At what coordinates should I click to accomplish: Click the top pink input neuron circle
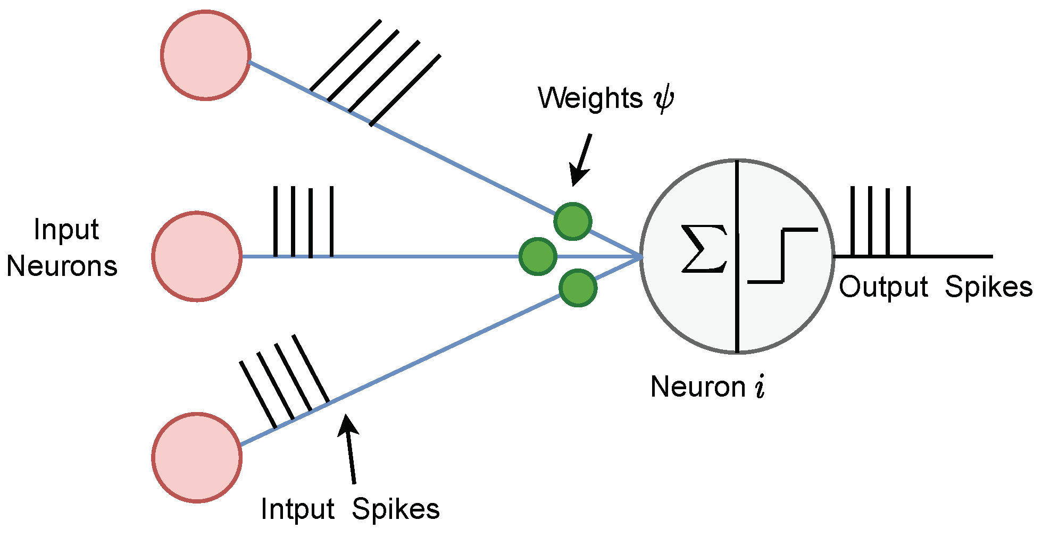[x=206, y=55]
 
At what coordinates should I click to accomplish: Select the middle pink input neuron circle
[x=197, y=256]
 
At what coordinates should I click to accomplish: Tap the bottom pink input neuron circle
[x=197, y=457]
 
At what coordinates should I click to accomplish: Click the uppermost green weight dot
[x=573, y=221]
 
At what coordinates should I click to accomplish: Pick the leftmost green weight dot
[x=538, y=257]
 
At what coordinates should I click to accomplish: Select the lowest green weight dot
[x=578, y=288]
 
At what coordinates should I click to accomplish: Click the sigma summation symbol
[x=704, y=248]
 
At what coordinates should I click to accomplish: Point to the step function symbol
[x=782, y=256]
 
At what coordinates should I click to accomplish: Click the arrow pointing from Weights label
[x=581, y=160]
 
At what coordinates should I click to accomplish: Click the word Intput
[x=297, y=509]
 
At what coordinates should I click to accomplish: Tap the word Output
[x=883, y=287]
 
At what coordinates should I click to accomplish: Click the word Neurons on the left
[x=62, y=266]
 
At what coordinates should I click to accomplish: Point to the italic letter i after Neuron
[x=760, y=387]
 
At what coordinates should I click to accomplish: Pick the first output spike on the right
[x=852, y=221]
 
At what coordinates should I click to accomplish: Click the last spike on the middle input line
[x=331, y=221]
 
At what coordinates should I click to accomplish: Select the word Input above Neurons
[x=66, y=230]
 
